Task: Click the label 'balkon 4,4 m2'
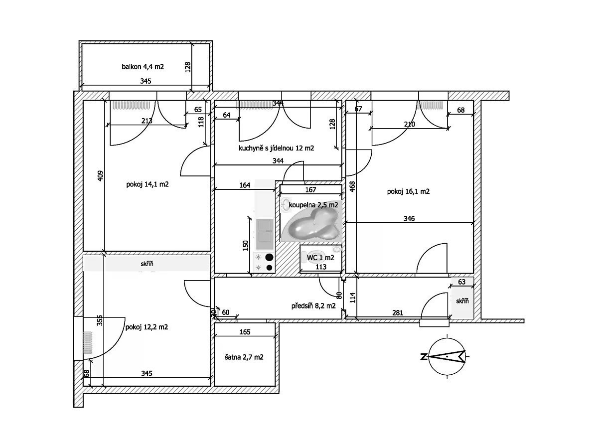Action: pyautogui.click(x=143, y=66)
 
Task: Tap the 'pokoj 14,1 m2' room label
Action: pyautogui.click(x=148, y=184)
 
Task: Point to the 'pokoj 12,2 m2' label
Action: pyautogui.click(x=147, y=327)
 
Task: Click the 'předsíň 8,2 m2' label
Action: pyautogui.click(x=313, y=306)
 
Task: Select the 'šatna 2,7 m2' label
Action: pyautogui.click(x=244, y=357)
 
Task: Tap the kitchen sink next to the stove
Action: pyautogui.click(x=264, y=234)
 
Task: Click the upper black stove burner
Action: pyautogui.click(x=270, y=258)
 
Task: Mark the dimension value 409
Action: pyautogui.click(x=100, y=176)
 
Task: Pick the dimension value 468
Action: pyautogui.click(x=352, y=186)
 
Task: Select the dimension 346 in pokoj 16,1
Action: pyautogui.click(x=409, y=218)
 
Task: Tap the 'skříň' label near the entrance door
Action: pyautogui.click(x=462, y=301)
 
